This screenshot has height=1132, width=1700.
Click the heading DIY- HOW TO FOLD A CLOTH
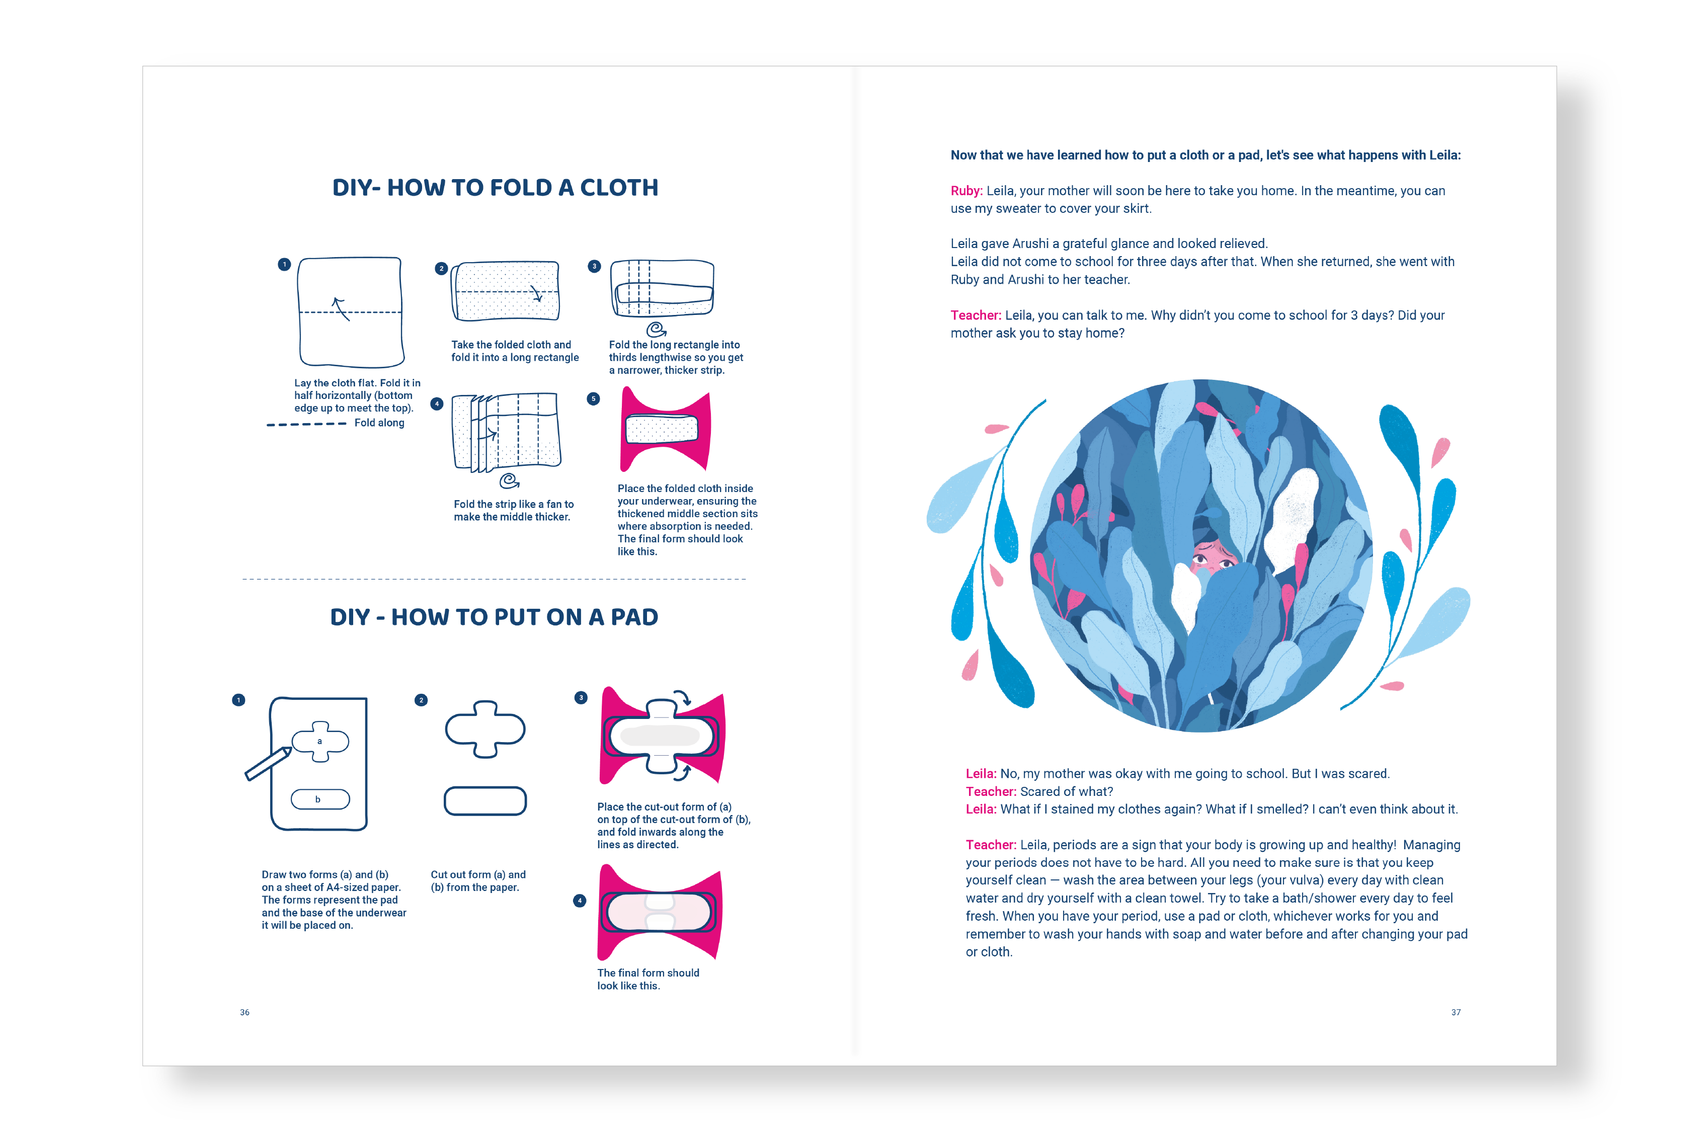[495, 188]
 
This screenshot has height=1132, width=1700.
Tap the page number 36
[245, 1012]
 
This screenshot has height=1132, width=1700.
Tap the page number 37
[1455, 1012]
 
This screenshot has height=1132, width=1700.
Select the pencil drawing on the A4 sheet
[268, 764]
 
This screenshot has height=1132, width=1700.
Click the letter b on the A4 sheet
[317, 799]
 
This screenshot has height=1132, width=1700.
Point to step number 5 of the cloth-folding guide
[593, 398]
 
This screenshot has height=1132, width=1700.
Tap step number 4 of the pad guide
[579, 900]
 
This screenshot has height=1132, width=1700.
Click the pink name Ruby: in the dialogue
[966, 191]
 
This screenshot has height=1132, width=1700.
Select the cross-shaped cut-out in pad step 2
[485, 729]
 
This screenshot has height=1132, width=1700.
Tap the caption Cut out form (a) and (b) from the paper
[478, 881]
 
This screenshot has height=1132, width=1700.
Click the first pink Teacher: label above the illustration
[975, 315]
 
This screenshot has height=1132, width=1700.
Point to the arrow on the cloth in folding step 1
[340, 308]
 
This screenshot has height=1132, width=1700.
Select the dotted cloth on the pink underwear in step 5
[661, 429]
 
